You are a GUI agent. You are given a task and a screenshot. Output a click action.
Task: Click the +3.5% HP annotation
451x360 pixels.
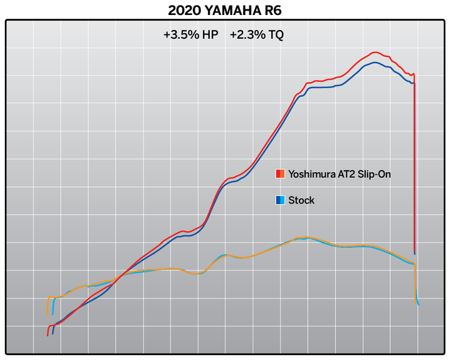[x=190, y=36]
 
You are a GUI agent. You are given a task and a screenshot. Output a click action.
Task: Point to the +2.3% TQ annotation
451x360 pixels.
[x=256, y=36]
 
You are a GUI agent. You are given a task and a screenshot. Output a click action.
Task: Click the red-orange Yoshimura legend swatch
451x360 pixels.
[x=280, y=174]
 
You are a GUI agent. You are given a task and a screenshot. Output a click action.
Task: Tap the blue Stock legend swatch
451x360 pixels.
[x=280, y=200]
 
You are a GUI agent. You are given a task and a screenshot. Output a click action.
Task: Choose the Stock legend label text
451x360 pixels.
[x=301, y=200]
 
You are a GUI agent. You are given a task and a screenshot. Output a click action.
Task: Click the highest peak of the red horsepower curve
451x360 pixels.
[x=375, y=53]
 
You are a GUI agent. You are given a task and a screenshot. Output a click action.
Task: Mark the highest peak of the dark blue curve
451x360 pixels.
[x=375, y=62]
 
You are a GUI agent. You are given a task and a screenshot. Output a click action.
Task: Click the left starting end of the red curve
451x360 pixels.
[x=48, y=335]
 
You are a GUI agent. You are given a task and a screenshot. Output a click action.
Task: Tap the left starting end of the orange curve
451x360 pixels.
[x=48, y=314]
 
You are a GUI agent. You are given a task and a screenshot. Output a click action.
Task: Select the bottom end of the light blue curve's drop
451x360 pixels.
[x=418, y=304]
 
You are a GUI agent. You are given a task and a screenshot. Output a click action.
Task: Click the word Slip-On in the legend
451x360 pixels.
[x=374, y=174]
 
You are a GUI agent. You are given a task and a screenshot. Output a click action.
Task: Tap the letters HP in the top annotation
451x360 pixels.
[x=210, y=36]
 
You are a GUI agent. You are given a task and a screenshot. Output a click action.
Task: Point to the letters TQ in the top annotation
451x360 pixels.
[x=276, y=36]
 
